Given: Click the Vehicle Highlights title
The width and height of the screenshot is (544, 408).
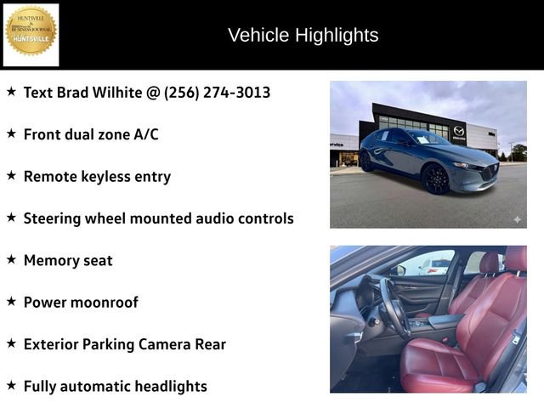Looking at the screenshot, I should pos(303,35).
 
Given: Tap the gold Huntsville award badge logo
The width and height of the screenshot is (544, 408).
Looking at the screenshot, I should pos(31,32).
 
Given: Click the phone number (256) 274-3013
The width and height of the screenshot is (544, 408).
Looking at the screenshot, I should pos(217,92).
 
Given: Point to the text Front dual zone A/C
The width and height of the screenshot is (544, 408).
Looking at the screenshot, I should pos(91,134).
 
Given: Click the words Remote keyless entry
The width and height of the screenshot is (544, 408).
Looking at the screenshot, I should pos(97,176).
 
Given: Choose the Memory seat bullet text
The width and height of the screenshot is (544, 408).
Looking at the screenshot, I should pos(68,260).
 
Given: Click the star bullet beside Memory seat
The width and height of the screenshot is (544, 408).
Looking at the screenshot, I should pos(11,259).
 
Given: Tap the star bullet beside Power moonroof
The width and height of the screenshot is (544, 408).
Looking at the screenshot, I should pos(11,301).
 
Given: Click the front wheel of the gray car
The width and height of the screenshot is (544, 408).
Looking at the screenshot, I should pos(435,179).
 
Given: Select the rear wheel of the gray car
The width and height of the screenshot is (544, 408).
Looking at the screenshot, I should pos(367,161).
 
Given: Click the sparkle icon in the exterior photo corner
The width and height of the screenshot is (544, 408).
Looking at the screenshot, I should pos(516,219).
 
